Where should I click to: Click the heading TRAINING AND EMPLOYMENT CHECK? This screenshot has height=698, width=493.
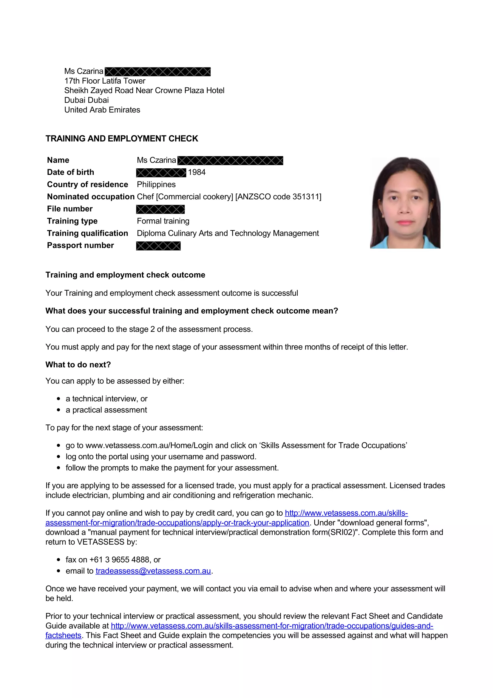[121, 139]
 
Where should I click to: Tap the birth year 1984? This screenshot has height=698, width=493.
[197, 172]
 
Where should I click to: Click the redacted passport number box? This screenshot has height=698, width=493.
[158, 246]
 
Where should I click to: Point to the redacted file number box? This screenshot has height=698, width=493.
[160, 209]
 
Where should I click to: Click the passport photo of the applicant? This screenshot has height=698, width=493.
[405, 203]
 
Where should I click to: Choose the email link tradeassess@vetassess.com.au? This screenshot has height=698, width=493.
[153, 571]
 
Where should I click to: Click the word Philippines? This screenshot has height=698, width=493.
[156, 184]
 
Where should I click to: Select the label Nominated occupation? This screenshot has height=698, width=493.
[91, 197]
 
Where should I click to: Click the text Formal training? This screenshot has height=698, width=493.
[163, 221]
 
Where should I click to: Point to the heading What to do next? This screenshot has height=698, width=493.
[78, 364]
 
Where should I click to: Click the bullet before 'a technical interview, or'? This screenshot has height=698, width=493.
[59, 399]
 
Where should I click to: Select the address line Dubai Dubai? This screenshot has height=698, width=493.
[86, 100]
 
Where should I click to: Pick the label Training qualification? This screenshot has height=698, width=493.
[87, 233]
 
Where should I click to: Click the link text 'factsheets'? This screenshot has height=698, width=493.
[63, 635]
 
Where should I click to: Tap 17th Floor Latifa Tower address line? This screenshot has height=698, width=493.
[105, 81]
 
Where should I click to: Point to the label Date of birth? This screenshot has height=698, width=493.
[70, 172]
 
